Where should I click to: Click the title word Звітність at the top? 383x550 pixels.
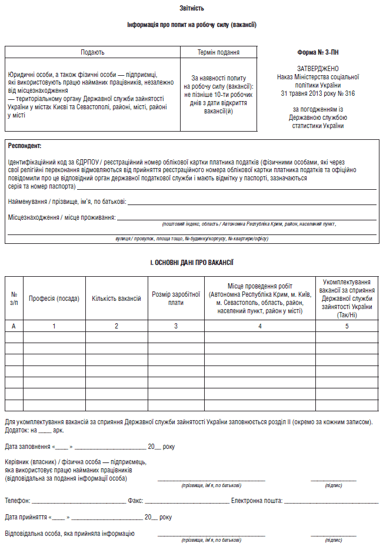tap(192, 8)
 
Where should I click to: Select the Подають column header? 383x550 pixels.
tap(92, 52)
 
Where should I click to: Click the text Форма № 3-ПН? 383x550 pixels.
tap(318, 52)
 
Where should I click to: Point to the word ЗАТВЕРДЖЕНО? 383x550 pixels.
tap(318, 69)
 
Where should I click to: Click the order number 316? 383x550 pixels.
tap(349, 93)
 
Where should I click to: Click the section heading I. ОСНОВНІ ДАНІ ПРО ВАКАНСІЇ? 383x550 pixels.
tap(192, 263)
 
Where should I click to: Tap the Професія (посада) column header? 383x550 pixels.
tap(54, 299)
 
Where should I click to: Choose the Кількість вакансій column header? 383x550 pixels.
tap(116, 299)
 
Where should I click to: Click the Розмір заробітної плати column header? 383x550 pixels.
tap(176, 299)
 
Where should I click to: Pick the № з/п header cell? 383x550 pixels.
tap(14, 299)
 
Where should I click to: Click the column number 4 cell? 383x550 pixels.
tap(260, 326)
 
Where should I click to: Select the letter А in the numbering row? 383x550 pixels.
tap(14, 326)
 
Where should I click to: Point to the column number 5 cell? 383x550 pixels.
tap(347, 326)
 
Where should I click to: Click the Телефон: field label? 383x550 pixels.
tap(18, 501)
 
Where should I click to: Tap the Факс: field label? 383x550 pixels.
tap(135, 501)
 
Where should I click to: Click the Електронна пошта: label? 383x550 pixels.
tap(257, 501)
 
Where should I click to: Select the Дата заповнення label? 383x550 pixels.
tap(27, 447)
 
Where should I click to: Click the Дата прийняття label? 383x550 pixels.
tap(26, 517)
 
